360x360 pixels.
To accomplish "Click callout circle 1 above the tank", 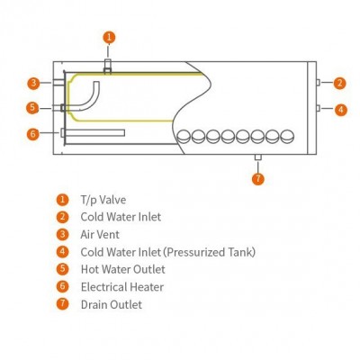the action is coord(109,38).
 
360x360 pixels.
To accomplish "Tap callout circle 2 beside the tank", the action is coord(340,83).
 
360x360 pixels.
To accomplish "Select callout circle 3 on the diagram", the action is coord(33,83).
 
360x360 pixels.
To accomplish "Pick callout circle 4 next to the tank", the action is coord(341,110).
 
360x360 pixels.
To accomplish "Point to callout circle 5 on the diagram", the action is coord(32,108).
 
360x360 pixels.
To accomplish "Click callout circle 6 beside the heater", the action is coord(33,134).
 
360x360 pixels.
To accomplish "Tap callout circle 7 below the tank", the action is coord(258,179).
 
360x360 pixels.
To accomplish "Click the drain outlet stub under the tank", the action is coord(258,157).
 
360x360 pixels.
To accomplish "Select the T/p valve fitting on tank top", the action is coord(108,67).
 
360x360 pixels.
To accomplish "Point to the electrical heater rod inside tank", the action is coord(93,133).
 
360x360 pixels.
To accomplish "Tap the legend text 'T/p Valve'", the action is coord(103,200).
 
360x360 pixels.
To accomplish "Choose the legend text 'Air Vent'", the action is coord(100,234).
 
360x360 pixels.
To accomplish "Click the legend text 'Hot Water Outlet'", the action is coord(123,269).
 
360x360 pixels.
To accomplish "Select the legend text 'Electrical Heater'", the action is coord(122,287).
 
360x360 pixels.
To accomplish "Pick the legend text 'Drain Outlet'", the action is coord(112,304).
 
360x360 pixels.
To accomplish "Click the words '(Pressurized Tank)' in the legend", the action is coord(210,252).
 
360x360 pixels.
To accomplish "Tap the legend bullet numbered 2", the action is coord(62,217).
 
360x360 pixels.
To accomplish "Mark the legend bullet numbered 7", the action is coord(62,303).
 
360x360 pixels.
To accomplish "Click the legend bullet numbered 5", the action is coord(62,268).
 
